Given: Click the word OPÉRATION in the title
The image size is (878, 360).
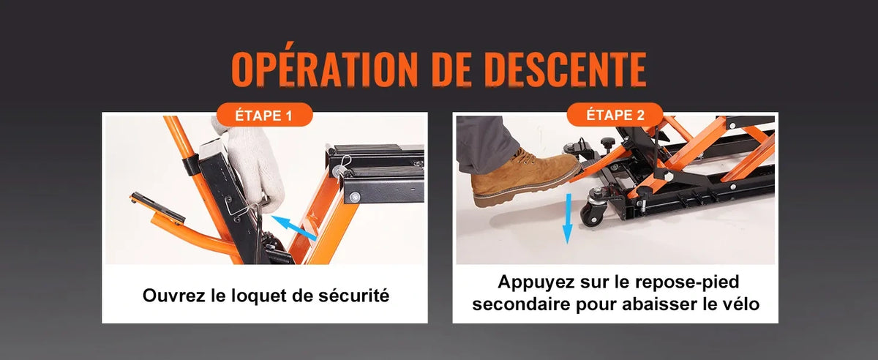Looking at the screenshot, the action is click(x=323, y=68).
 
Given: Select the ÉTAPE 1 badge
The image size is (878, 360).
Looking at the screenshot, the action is click(x=264, y=115).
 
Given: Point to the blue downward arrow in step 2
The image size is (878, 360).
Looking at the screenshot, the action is click(x=567, y=219).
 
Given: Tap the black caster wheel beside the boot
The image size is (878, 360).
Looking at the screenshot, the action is click(x=593, y=211).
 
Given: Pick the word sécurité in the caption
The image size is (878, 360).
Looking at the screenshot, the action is click(x=354, y=295).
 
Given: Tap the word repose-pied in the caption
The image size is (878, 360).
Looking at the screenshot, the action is click(x=687, y=282).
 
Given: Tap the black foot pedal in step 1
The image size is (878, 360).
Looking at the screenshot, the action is click(x=157, y=207).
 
